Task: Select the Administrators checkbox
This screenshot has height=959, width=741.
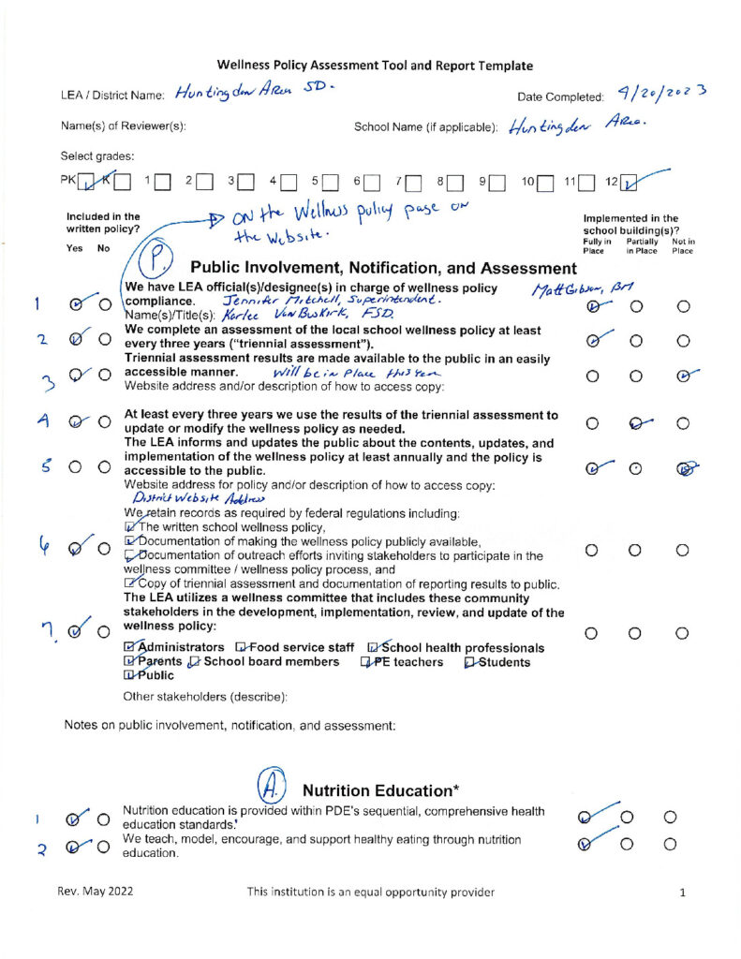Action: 129,648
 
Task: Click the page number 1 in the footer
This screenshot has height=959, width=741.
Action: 684,893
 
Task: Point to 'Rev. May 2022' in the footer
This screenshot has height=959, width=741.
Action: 90,893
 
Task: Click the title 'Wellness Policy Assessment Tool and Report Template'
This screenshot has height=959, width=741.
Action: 375,66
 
